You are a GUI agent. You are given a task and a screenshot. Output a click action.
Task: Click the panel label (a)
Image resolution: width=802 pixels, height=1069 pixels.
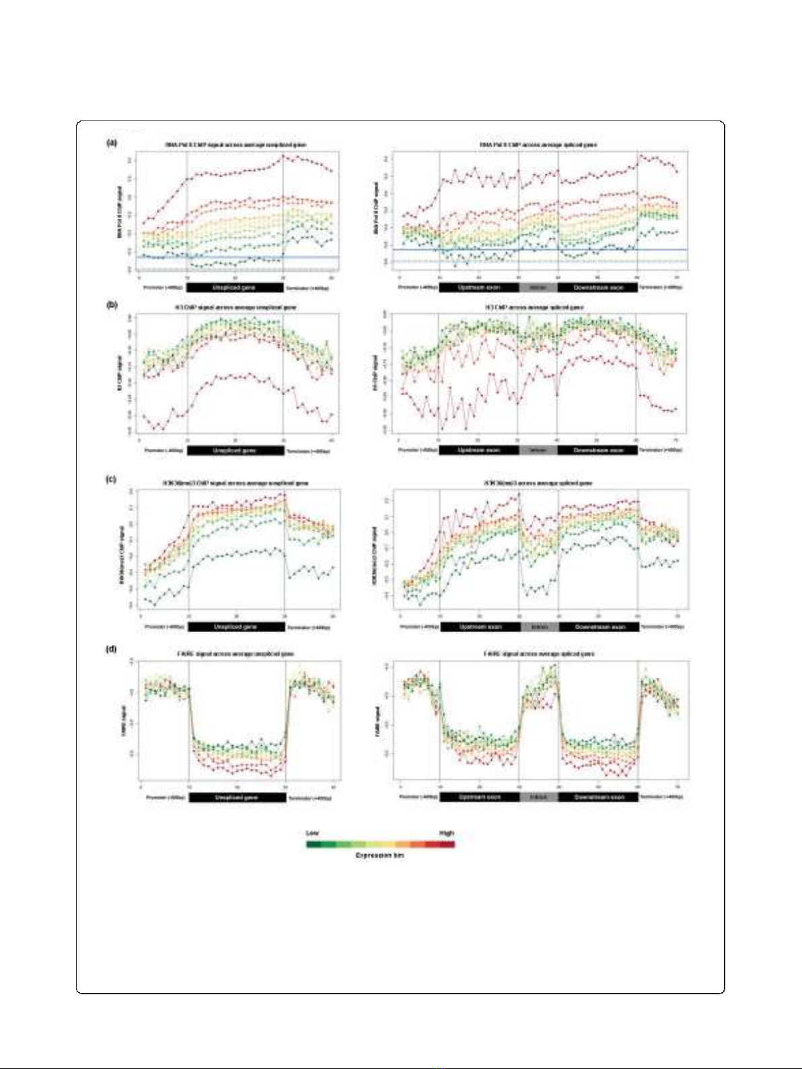point(112,143)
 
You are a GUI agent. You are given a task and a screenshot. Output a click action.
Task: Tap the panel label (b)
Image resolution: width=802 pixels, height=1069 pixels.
point(112,304)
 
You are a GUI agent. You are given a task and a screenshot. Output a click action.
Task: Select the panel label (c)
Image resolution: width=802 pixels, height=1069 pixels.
point(112,479)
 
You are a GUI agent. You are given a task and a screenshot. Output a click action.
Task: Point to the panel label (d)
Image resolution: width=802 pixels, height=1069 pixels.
point(112,650)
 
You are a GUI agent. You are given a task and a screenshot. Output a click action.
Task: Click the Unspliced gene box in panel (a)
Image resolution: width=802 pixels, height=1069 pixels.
point(235,287)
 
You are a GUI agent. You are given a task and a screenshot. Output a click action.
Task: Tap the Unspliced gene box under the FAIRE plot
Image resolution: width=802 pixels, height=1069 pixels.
point(237,797)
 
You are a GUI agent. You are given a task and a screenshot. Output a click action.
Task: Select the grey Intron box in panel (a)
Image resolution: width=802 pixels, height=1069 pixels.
point(538,287)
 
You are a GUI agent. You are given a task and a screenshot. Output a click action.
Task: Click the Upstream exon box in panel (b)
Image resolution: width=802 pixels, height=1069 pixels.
point(478,450)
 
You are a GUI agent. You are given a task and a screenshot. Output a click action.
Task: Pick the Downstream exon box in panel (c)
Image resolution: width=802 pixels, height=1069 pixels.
point(599,627)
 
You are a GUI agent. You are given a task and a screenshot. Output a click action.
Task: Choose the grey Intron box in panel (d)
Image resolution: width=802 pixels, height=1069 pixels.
point(538,797)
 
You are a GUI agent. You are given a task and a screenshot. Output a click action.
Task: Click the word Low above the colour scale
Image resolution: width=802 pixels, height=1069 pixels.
point(312,833)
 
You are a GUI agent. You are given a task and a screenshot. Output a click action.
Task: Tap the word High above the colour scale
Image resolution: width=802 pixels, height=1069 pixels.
point(447,833)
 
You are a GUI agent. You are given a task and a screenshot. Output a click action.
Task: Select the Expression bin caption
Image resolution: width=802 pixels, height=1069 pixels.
point(380,856)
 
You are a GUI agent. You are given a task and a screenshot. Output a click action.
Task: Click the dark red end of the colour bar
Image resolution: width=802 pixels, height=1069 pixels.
point(449,843)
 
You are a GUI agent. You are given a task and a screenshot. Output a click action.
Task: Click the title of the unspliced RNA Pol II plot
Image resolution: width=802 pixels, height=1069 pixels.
point(236,145)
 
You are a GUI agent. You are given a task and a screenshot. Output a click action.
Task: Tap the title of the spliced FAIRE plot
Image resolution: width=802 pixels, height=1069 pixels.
point(538,654)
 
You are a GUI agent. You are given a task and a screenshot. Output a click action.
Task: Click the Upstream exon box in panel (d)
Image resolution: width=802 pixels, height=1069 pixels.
point(480,797)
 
